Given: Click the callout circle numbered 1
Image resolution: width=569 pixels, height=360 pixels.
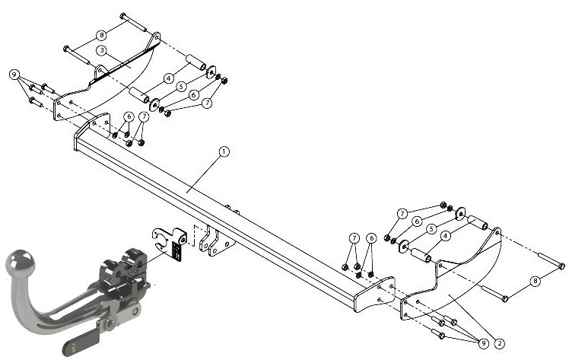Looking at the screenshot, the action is click(x=224, y=151).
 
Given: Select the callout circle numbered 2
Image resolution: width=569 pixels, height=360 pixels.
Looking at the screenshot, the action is click(x=499, y=343).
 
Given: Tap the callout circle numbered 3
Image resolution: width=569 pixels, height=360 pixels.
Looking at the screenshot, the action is click(x=102, y=50).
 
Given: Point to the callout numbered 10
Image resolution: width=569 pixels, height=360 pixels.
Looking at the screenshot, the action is click(x=134, y=270).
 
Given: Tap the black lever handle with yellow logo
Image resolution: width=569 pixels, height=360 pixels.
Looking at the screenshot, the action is click(x=81, y=340).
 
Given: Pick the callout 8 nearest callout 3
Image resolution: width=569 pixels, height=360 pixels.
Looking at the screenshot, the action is click(x=102, y=35).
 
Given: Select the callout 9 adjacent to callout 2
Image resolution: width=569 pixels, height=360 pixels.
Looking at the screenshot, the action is click(x=483, y=343).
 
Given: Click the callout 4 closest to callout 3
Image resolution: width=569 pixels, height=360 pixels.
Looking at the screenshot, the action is click(x=168, y=78).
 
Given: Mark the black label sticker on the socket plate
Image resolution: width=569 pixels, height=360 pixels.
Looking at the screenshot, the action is click(x=177, y=250).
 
